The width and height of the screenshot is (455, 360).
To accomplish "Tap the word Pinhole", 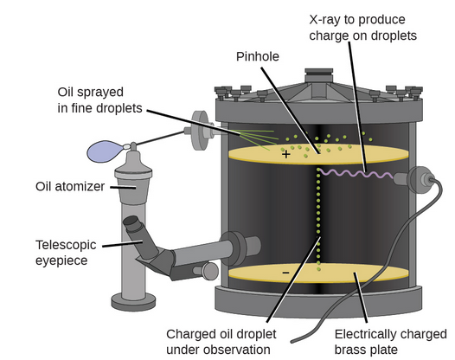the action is tap(258, 56).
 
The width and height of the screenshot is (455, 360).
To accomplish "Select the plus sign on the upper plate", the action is tap(285, 154).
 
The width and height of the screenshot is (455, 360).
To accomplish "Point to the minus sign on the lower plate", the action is tap(285, 273).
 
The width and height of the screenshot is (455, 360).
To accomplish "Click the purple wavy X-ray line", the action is tap(356, 173).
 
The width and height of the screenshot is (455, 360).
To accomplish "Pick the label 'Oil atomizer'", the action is tap(70, 186).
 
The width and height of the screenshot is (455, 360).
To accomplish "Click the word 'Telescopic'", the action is tap(66, 245).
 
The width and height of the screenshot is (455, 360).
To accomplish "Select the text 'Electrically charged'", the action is tap(391, 334).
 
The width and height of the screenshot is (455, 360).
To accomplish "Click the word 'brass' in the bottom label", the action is tap(350, 350).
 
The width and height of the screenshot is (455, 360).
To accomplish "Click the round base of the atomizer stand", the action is tap(133, 302).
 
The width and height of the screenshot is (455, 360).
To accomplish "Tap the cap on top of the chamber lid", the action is tap(318, 75).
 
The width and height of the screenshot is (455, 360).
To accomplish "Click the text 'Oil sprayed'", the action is tap(91, 93).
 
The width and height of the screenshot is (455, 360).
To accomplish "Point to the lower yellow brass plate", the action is tap(318, 273).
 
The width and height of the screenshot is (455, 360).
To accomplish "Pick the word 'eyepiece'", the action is tap(61, 260).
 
